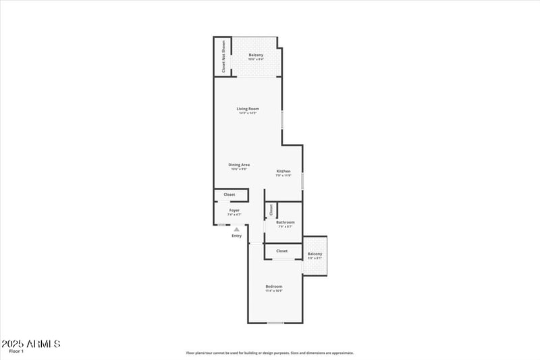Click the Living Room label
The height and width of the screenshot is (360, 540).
[248, 109]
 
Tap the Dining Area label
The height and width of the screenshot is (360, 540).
[239, 165]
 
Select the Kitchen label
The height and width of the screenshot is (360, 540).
[283, 172]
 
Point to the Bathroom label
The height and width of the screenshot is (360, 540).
[286, 222]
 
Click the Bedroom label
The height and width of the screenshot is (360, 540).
[273, 286]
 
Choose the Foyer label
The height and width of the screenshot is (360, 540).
[234, 210]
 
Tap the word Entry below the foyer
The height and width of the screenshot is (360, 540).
[236, 236]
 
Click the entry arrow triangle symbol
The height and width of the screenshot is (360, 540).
[236, 230]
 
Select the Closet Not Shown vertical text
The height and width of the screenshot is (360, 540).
[223, 57]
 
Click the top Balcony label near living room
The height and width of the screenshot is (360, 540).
[256, 55]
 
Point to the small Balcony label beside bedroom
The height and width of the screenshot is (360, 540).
[315, 254]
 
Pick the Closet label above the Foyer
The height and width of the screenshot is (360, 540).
[230, 195]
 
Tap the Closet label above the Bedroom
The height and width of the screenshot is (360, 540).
[281, 251]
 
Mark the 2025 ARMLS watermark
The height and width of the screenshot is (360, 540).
[31, 344]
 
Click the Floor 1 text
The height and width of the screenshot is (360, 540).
[16, 351]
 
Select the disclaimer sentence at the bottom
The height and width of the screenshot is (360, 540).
[270, 353]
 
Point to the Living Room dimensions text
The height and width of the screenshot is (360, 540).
[248, 113]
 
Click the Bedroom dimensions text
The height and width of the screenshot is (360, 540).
[273, 291]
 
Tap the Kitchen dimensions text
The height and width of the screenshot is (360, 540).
[283, 176]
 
